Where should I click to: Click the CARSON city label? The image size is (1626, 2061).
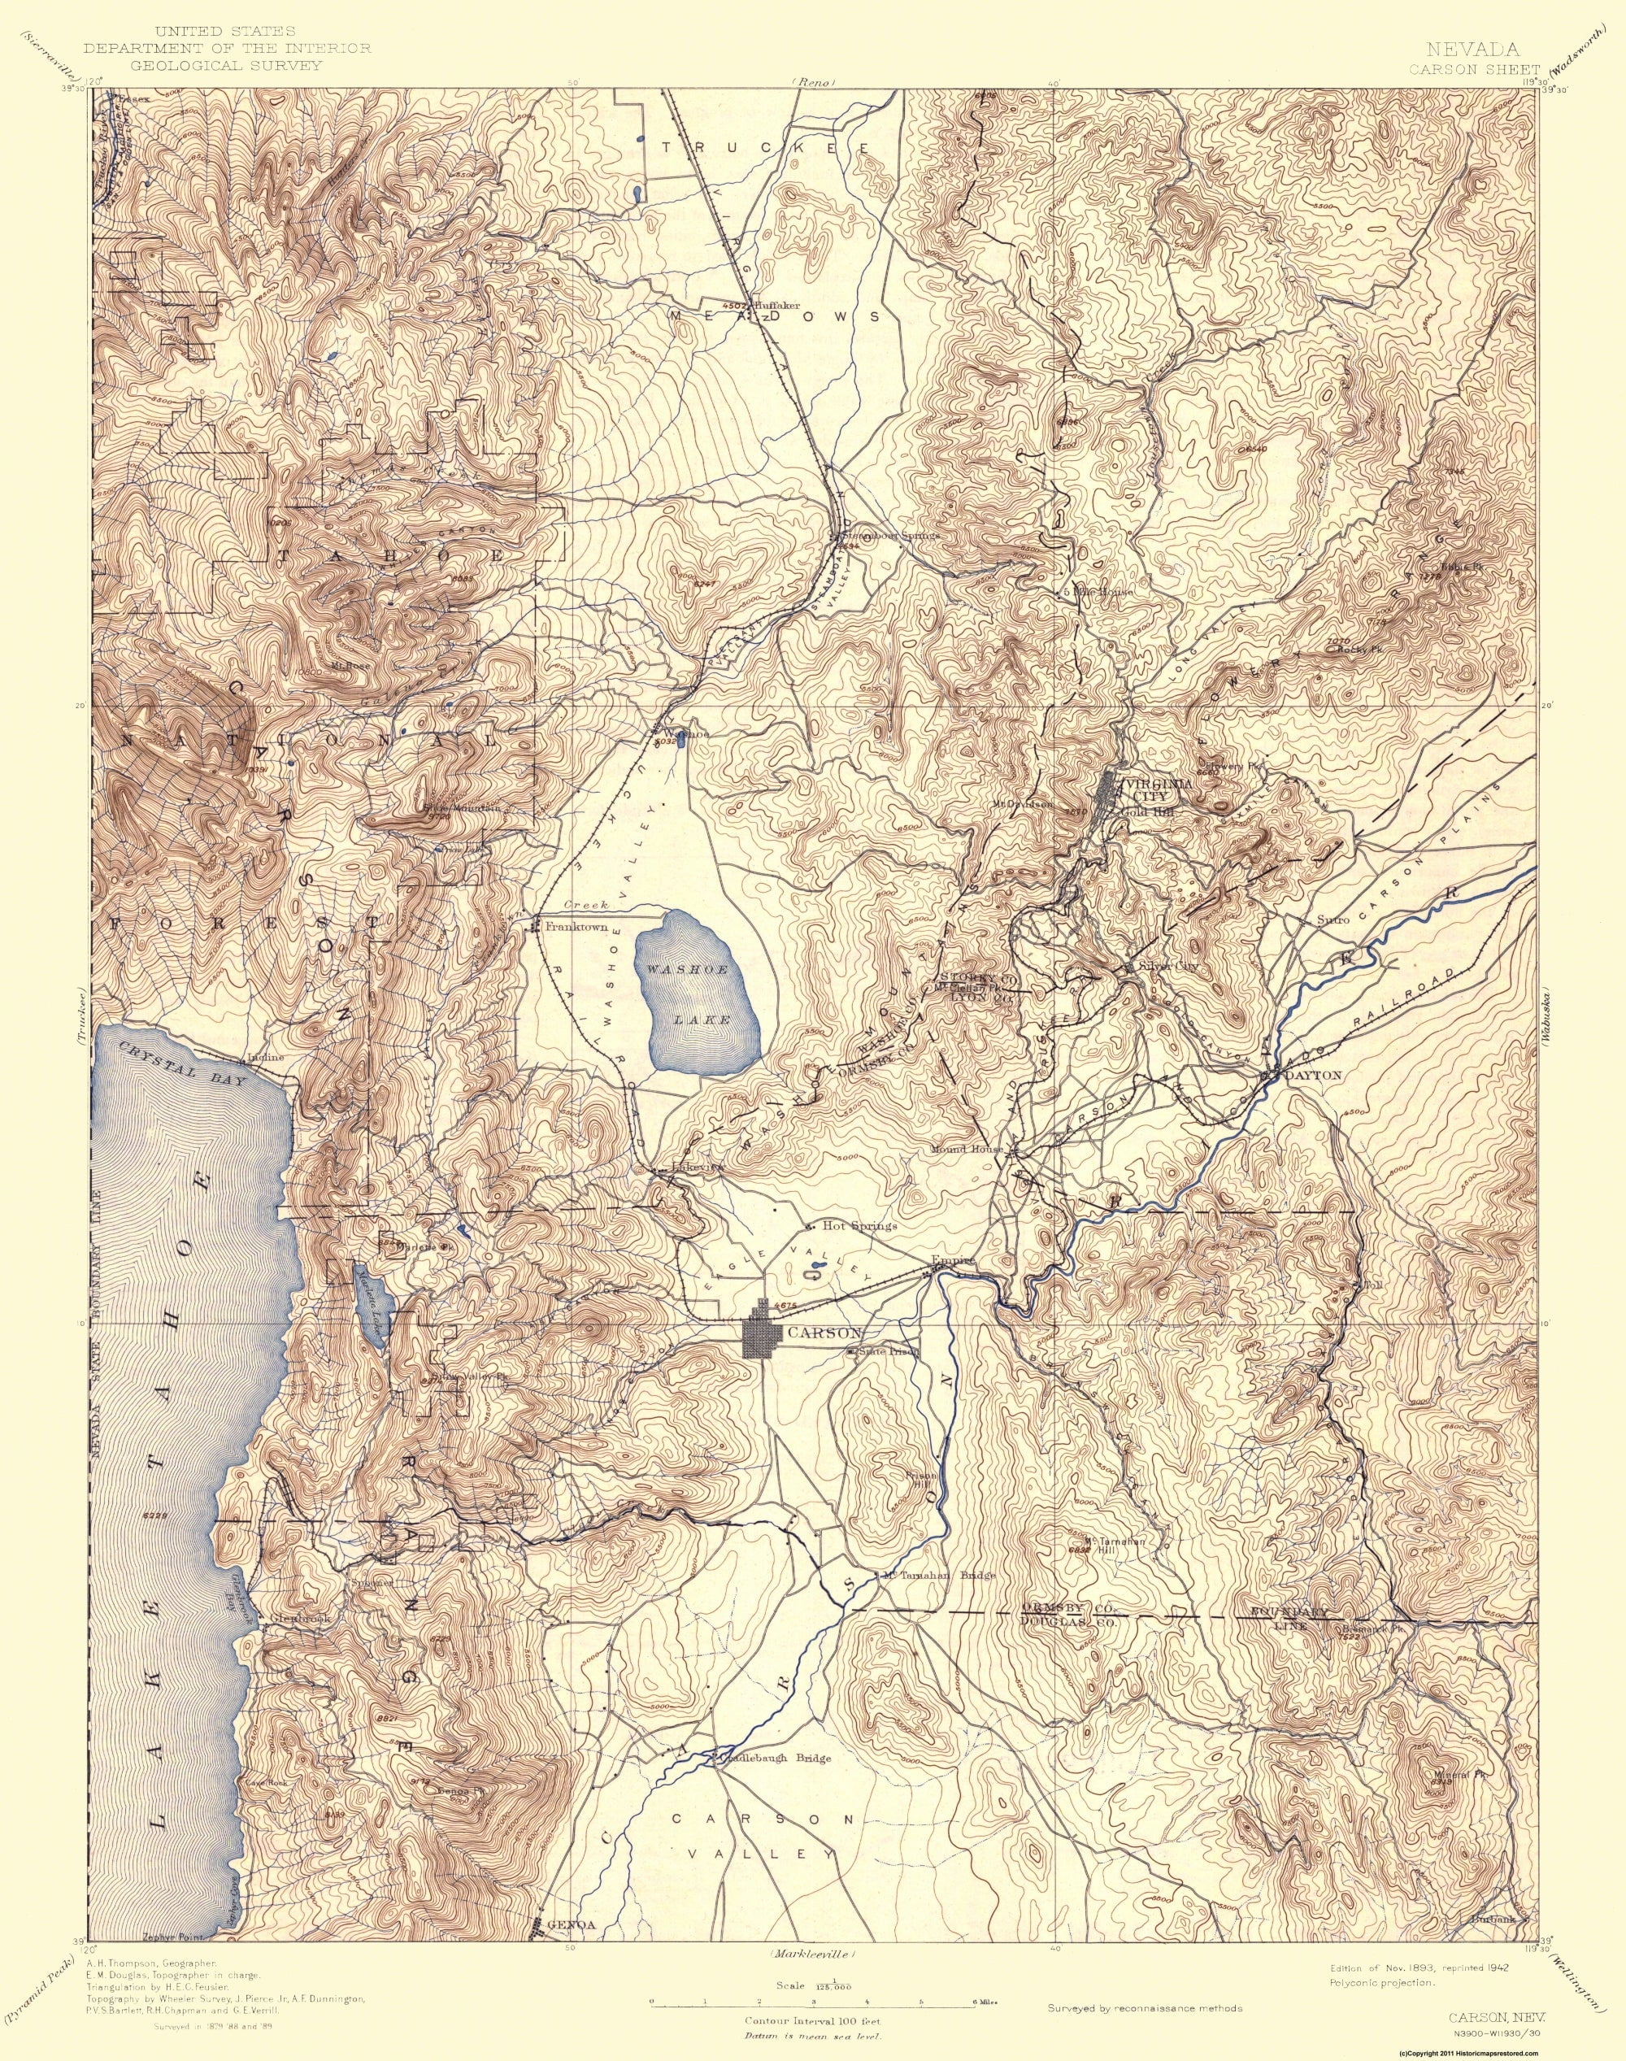(825, 1333)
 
